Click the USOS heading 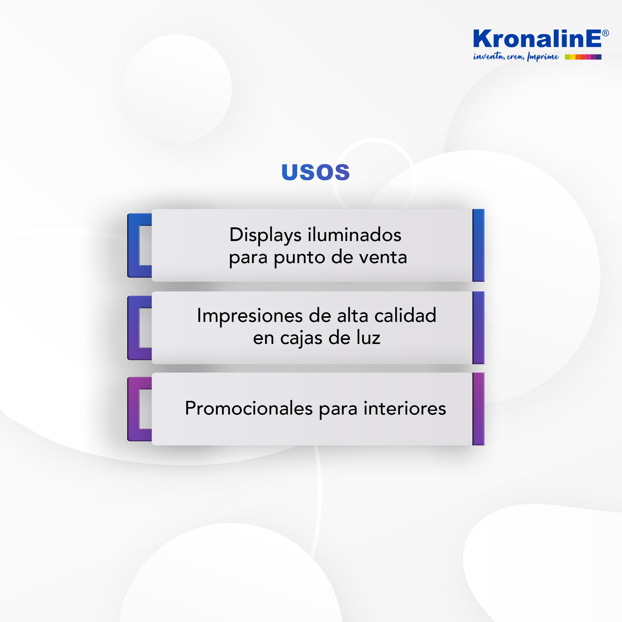315,172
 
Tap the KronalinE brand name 537,39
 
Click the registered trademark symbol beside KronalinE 605,33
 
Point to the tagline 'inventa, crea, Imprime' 516,57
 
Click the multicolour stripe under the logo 583,57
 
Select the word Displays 265,235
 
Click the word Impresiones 250,316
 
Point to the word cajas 301,339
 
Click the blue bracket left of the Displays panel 133,245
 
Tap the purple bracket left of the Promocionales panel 133,409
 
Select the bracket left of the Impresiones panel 133,328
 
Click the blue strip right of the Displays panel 478,245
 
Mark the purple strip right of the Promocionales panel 478,409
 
